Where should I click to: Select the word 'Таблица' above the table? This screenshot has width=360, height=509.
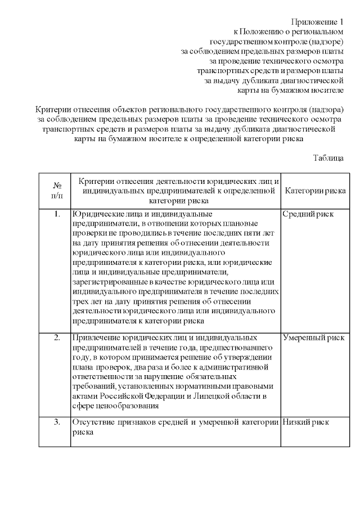coord(328,158)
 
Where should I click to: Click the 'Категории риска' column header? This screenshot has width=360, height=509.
coord(315,191)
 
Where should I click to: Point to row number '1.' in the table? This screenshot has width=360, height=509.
coord(57,214)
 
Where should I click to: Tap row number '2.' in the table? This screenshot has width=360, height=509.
coord(57,337)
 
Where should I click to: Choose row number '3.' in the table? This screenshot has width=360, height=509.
coord(57,422)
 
